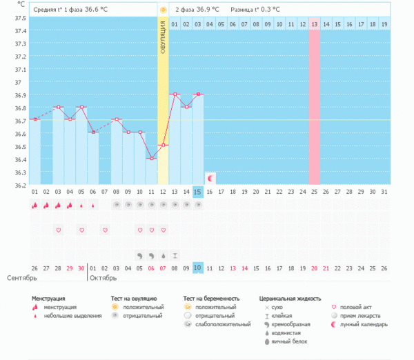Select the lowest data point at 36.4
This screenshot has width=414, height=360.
pyautogui.click(x=151, y=159)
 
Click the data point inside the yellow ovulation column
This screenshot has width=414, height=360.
pyautogui.click(x=163, y=146)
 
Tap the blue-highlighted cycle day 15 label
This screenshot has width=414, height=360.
pyautogui.click(x=198, y=191)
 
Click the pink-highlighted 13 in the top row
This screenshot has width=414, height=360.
pyautogui.click(x=314, y=24)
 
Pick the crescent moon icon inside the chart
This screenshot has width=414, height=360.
pyautogui.click(x=210, y=177)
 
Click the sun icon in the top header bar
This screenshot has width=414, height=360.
pyautogui.click(x=163, y=10)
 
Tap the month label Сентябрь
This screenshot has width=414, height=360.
pyautogui.click(x=22, y=278)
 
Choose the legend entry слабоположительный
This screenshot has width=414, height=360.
pyautogui.click(x=222, y=324)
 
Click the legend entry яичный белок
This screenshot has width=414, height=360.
pyautogui.click(x=287, y=341)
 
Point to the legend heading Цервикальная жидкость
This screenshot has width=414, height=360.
pyautogui.click(x=290, y=299)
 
